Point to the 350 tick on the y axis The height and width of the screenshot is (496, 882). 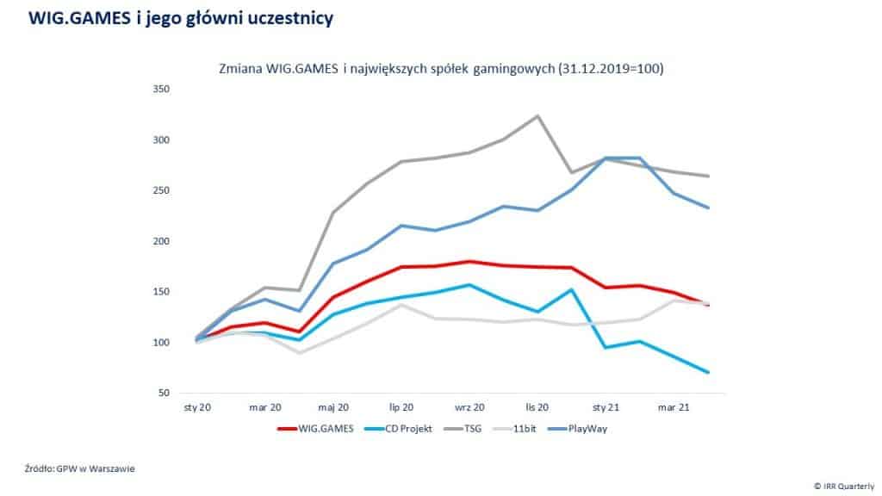click(161, 90)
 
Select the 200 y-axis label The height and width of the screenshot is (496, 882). click(161, 241)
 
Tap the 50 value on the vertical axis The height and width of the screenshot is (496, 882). click(165, 394)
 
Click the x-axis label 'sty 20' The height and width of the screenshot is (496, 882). click(197, 405)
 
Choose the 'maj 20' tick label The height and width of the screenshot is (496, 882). click(333, 405)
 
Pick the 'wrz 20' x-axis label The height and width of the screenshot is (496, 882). click(469, 405)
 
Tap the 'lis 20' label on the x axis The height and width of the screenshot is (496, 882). click(537, 405)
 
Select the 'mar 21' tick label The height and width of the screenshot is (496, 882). click(673, 405)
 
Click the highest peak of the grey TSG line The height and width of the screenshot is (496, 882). click(537, 115)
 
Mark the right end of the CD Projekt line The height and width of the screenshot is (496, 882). click(708, 372)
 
